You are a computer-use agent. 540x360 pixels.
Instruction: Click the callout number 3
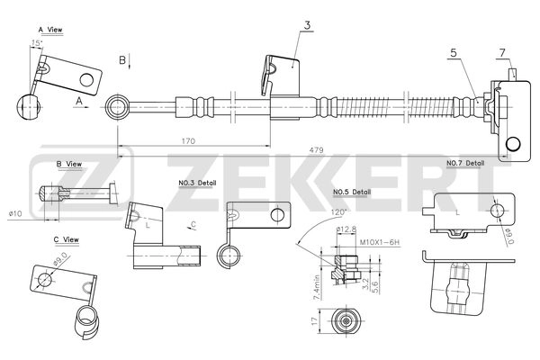pos(306,25)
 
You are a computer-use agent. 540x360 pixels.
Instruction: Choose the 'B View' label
pos(69,164)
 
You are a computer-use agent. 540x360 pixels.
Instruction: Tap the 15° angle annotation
pos(37,43)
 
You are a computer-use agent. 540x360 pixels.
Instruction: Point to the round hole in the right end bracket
pos(514,143)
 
